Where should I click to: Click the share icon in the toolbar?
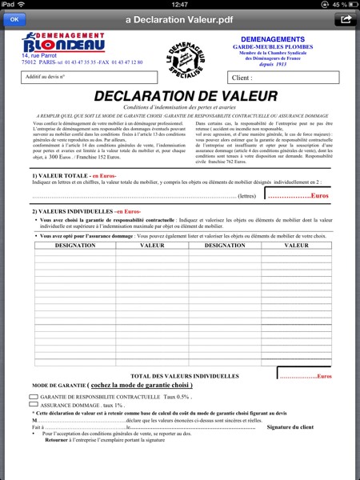[345, 19]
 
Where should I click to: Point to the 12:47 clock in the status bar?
[180, 5]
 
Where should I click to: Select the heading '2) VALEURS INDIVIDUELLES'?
[72, 210]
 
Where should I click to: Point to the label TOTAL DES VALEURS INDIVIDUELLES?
[184, 375]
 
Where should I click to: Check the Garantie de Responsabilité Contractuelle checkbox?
[34, 396]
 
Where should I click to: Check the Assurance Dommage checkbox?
[34, 406]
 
